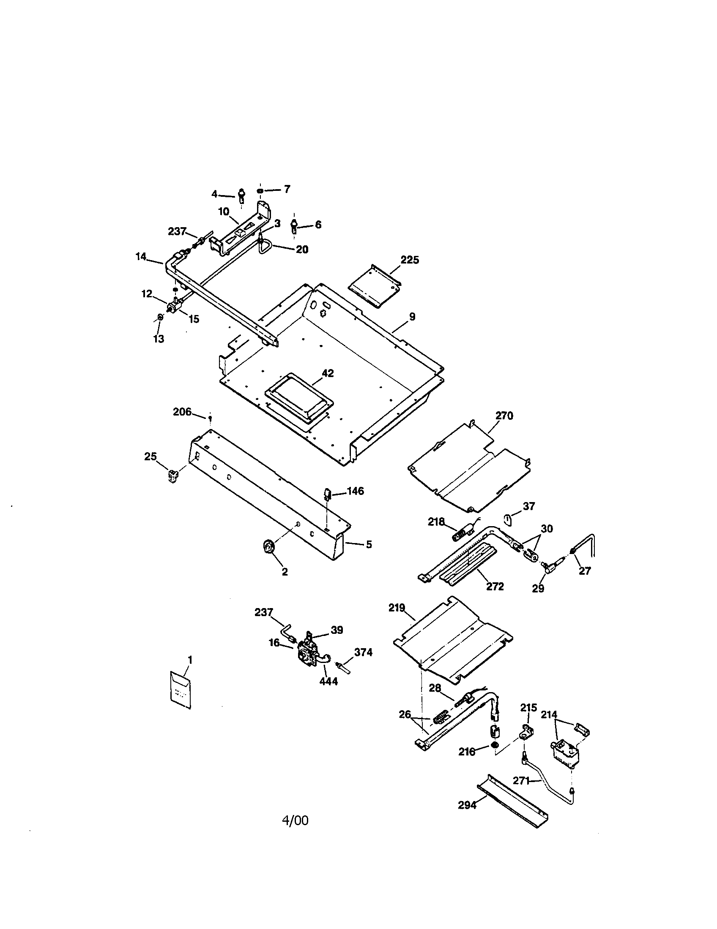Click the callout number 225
coord(410,260)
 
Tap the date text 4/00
coord(295,820)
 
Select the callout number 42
coord(327,373)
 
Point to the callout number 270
coord(504,416)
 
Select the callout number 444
coord(328,682)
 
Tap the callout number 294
coord(467,805)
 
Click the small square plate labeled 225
coord(375,285)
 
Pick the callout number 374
coord(363,652)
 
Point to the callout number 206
coord(182,412)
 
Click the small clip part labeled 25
coord(172,476)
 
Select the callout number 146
coord(355,491)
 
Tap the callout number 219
coord(397,608)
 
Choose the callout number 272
coord(495,586)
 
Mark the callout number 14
coord(141,256)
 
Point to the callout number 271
coord(521,780)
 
